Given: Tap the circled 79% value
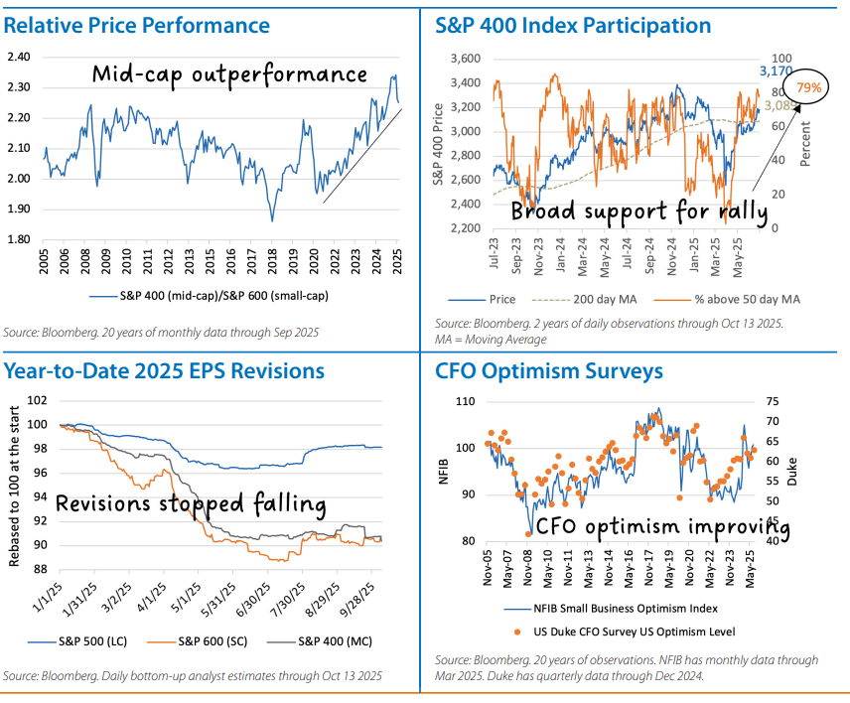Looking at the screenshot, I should [x=808, y=88].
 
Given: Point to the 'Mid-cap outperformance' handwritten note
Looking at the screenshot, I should [x=229, y=73].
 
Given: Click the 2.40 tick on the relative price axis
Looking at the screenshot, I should [x=19, y=57].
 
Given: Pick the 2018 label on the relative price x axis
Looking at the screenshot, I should [x=272, y=260].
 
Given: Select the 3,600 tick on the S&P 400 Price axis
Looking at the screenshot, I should [x=466, y=59].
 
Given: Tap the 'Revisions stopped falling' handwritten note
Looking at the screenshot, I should [x=191, y=504].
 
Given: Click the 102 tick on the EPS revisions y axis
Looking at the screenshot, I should [x=36, y=400].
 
